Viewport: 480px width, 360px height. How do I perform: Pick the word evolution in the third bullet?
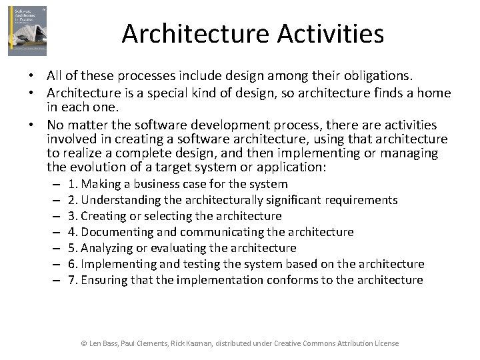tap(97, 167)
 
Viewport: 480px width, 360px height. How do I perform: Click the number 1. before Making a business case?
tap(73, 184)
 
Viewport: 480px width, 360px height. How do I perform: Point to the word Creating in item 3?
tap(103, 216)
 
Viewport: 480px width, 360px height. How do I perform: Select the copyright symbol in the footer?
tap(83, 343)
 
